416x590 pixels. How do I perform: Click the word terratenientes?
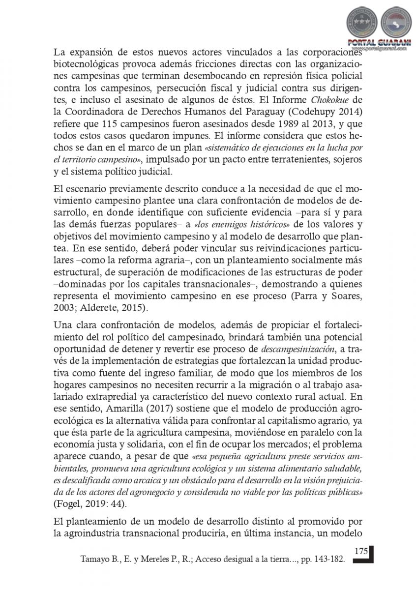click(x=288, y=159)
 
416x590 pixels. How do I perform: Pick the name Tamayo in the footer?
click(x=92, y=560)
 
